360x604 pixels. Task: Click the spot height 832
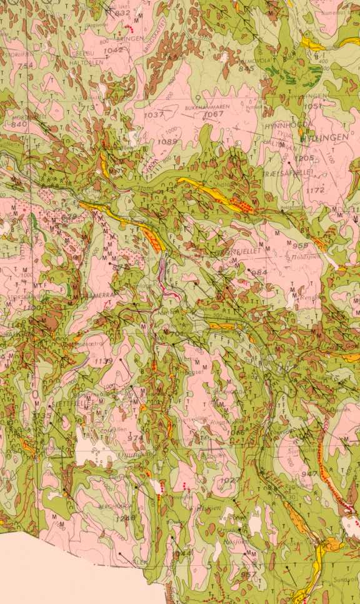point(122,13)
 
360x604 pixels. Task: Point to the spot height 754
point(26,66)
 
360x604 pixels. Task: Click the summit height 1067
point(214,114)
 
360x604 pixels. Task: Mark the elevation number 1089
point(167,142)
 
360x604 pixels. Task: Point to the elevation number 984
point(259,273)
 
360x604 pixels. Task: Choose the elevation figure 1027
point(231,480)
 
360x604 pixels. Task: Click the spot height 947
point(309,475)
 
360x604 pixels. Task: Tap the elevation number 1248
point(125,518)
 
